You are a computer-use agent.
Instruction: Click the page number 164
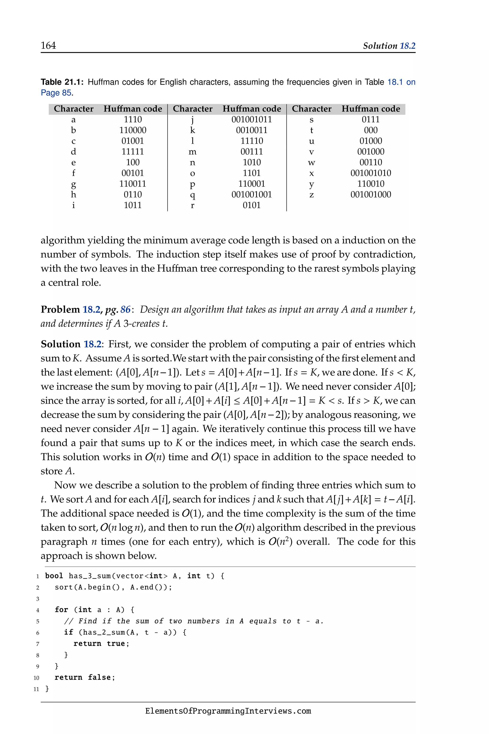point(48,46)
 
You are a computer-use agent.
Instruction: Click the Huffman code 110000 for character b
point(133,130)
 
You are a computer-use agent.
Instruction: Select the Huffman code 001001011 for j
point(251,119)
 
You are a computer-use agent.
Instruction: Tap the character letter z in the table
point(311,195)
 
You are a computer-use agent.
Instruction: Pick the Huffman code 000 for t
point(371,130)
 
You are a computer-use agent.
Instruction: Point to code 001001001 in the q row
point(251,195)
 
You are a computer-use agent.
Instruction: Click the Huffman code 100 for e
point(133,162)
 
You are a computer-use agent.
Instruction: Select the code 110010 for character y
point(371,184)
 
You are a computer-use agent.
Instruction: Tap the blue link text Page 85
point(56,93)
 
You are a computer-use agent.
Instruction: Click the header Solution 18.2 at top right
point(389,46)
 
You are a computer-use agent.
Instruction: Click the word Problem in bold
point(60,309)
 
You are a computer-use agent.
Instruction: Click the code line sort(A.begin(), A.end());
point(113,587)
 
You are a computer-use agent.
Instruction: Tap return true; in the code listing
point(101,643)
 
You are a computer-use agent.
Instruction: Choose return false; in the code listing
point(85,677)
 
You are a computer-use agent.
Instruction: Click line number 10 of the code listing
point(36,678)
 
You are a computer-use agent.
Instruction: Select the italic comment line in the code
point(193,621)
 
